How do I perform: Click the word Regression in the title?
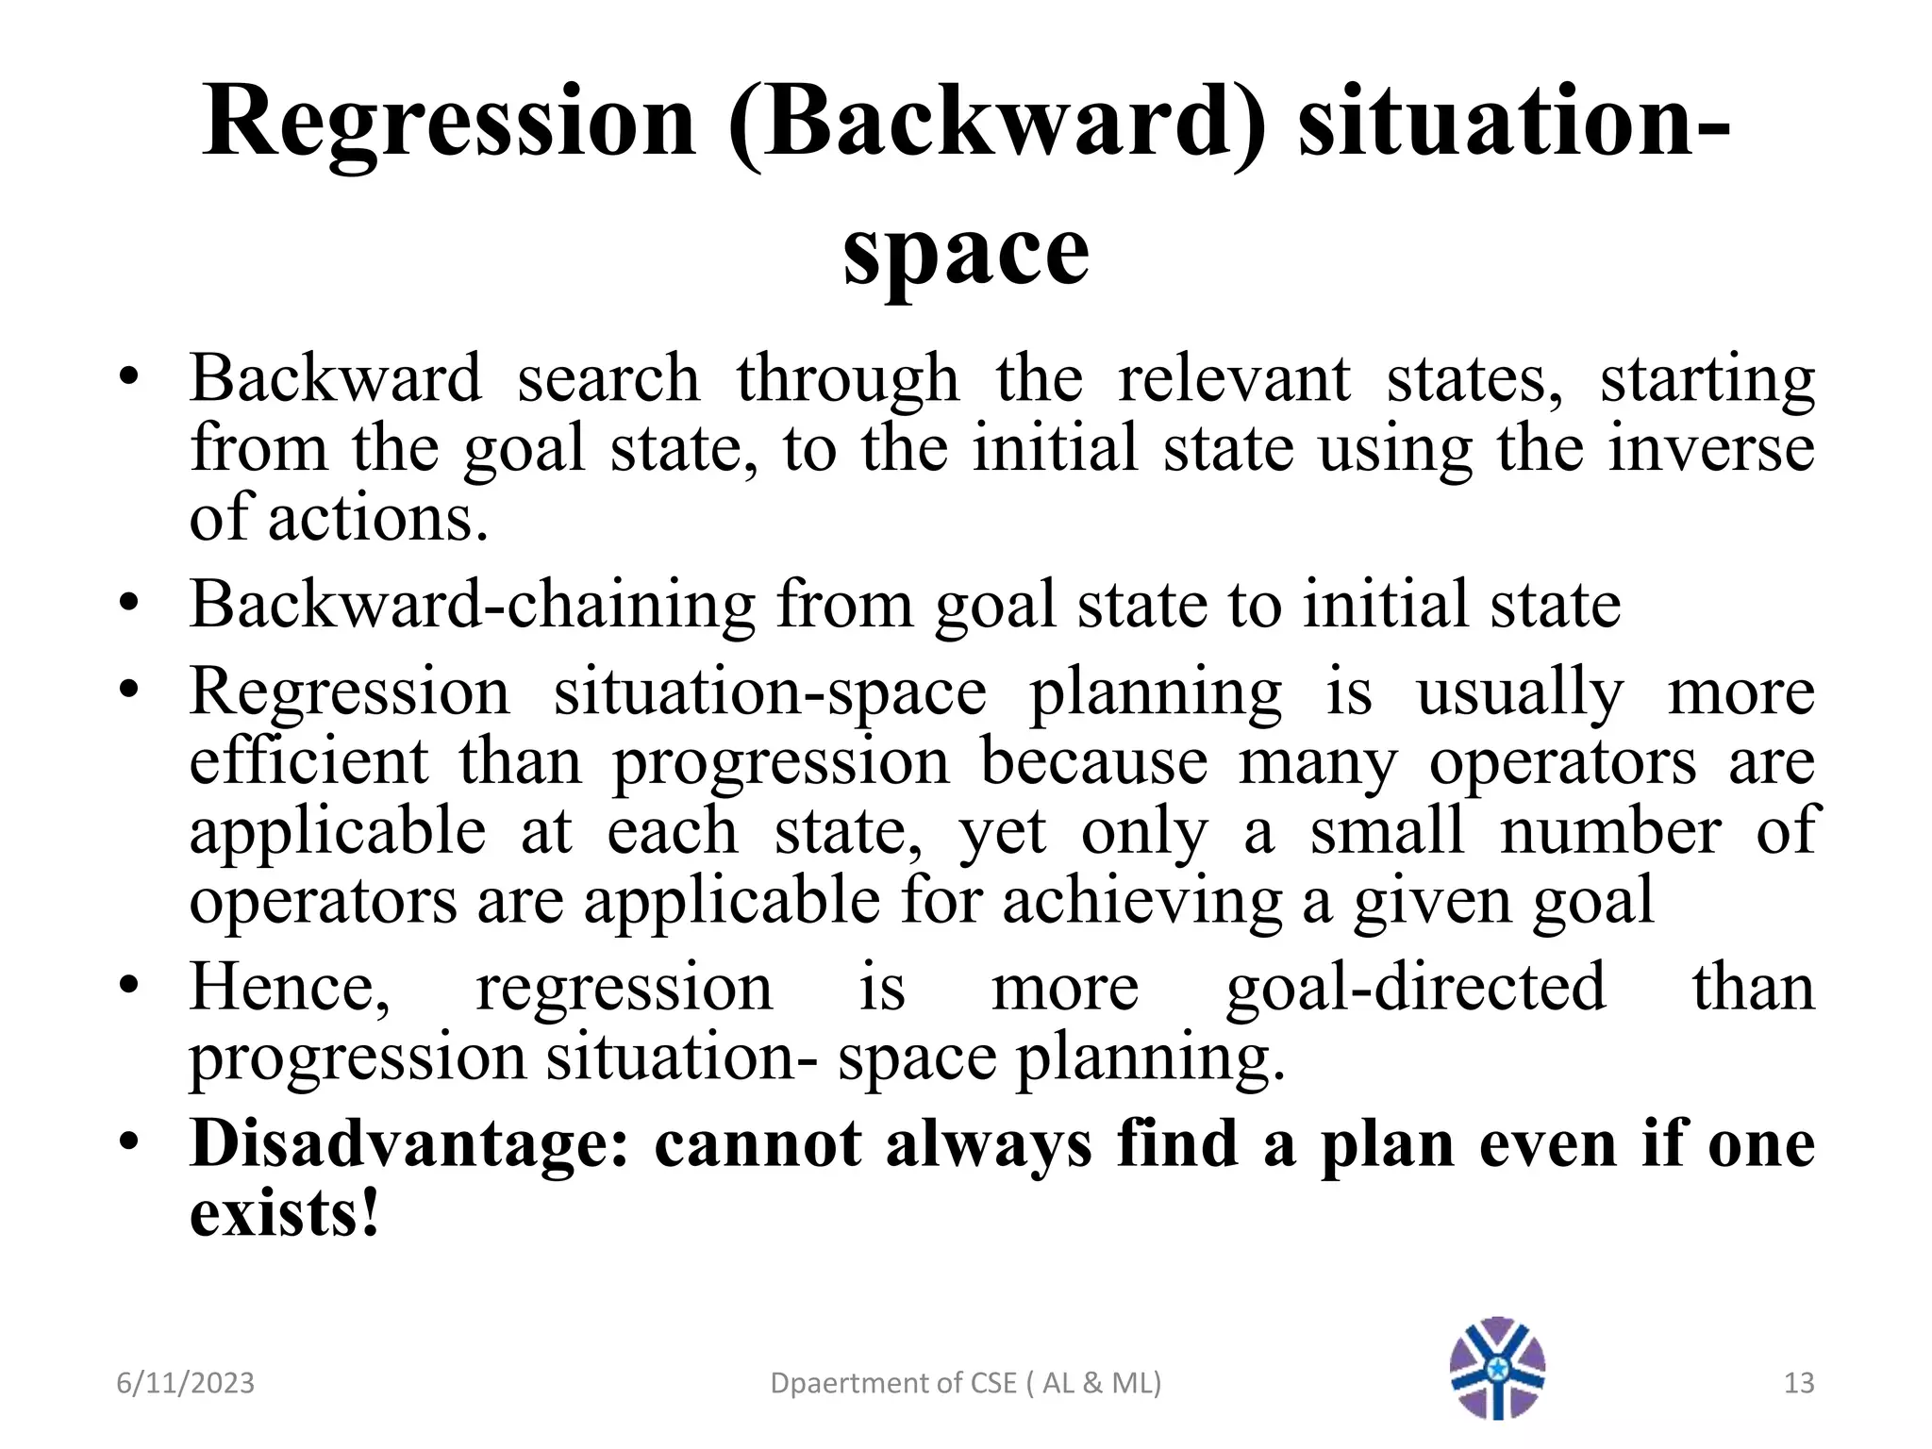coord(449,124)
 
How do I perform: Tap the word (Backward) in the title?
coord(998,124)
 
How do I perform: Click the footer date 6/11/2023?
coord(185,1383)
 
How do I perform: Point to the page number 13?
coord(1799,1383)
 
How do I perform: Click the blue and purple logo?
coord(1497,1367)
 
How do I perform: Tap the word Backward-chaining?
coord(472,605)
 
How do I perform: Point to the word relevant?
coord(1234,379)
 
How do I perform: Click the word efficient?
coord(308,762)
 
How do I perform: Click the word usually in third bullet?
coord(1520,693)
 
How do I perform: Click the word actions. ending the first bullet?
coord(378,519)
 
